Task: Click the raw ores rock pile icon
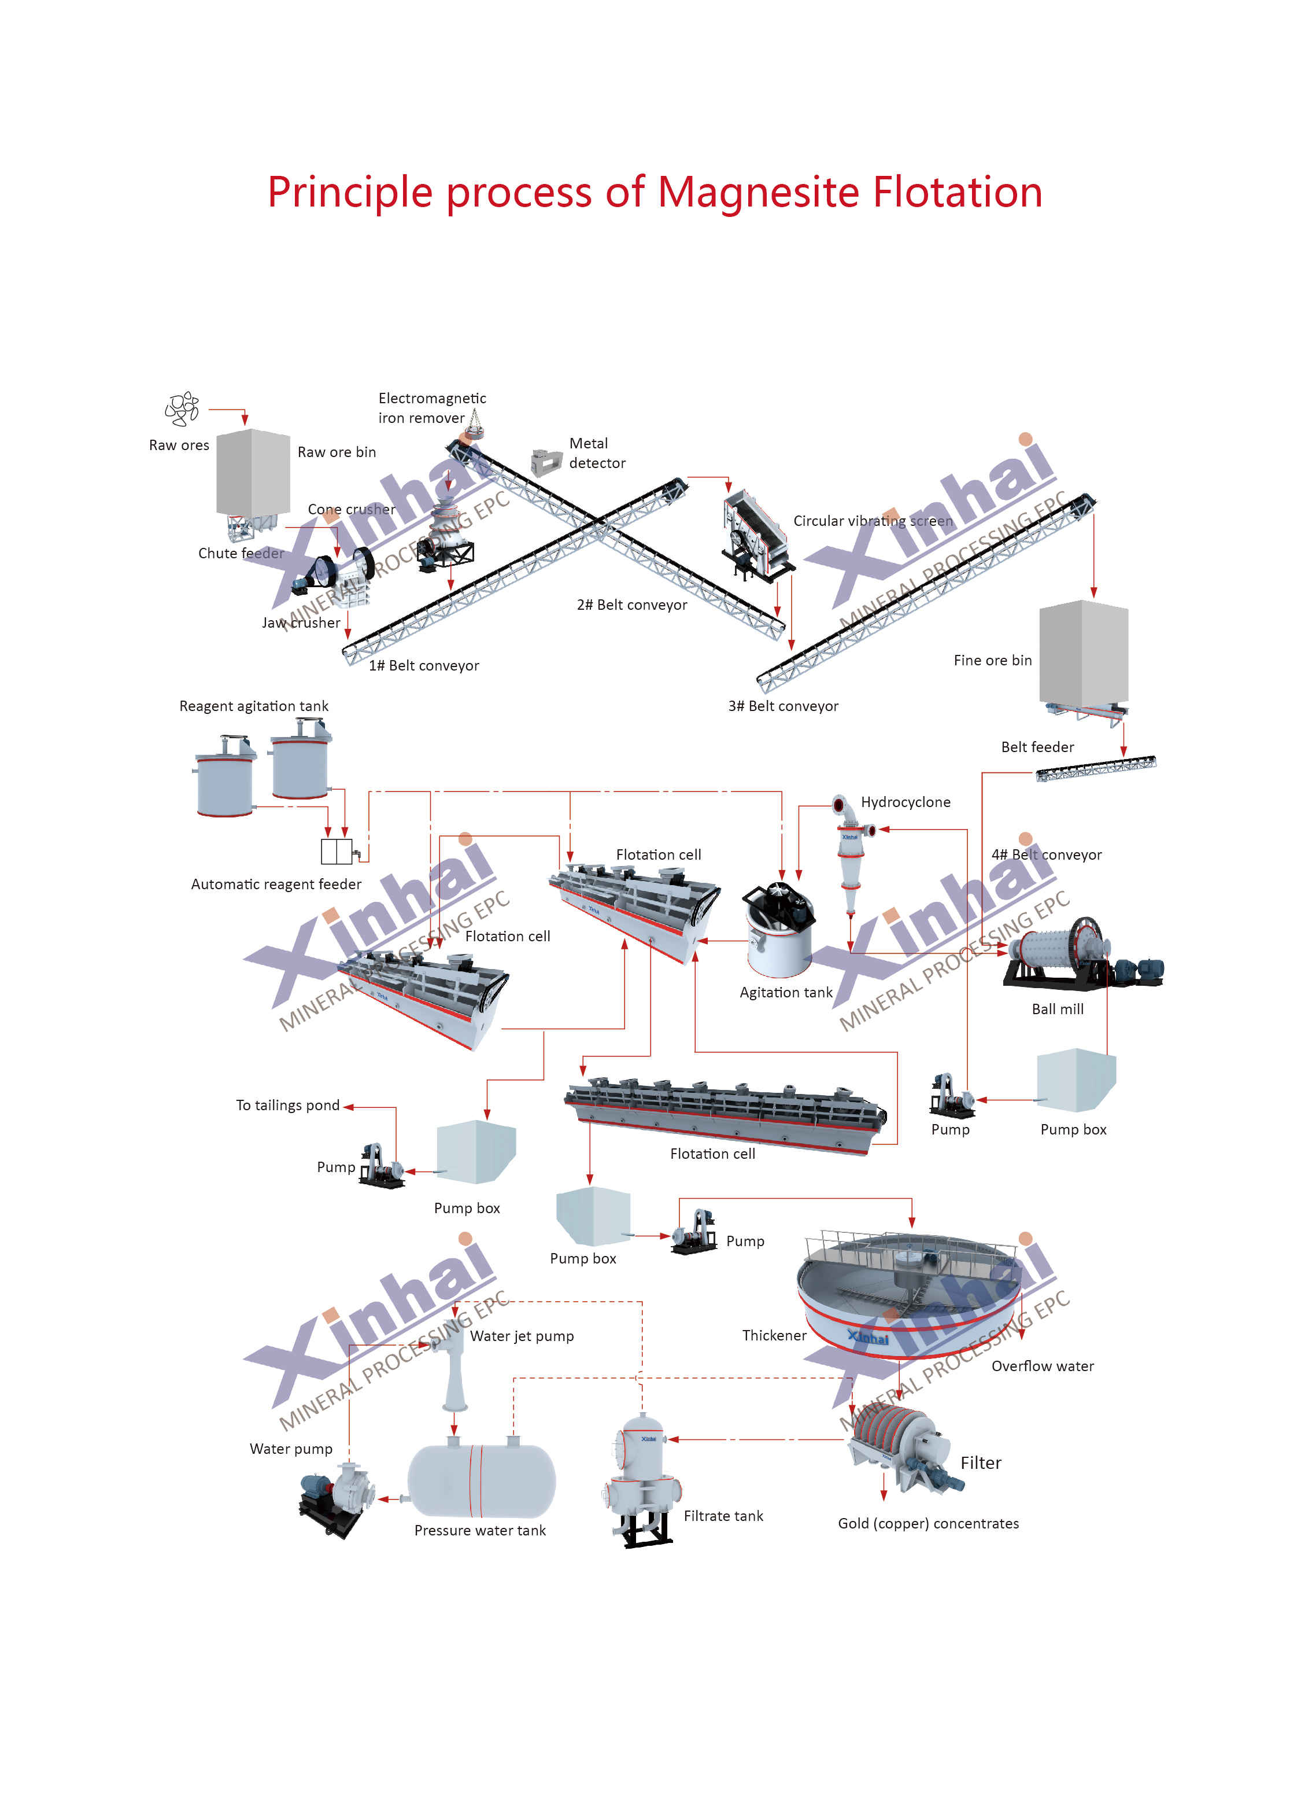182,409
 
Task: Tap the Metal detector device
546,462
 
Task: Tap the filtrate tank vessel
645,1481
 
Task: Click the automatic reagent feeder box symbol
337,852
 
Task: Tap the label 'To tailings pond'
287,1106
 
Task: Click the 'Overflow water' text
1043,1366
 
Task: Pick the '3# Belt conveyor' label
783,706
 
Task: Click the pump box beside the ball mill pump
1076,1080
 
